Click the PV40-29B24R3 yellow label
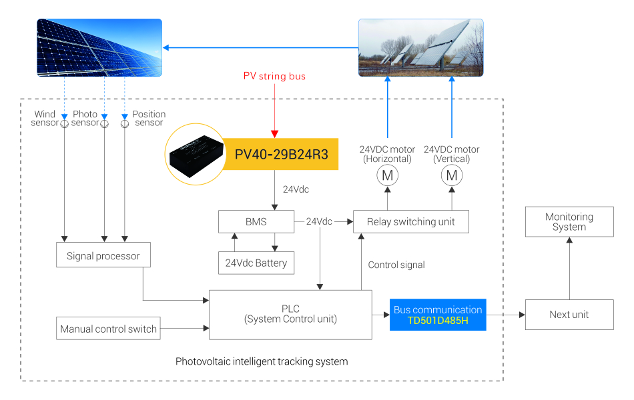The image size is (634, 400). tap(281, 154)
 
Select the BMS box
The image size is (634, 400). tap(256, 221)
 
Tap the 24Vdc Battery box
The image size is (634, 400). tap(256, 263)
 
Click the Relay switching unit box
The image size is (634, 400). tap(410, 221)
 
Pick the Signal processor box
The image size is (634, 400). tap(103, 255)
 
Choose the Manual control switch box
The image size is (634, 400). tap(108, 328)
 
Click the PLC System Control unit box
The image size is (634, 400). tap(290, 314)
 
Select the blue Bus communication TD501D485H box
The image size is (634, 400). tap(438, 315)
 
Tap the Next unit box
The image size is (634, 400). tap(569, 315)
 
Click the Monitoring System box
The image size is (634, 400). tap(569, 222)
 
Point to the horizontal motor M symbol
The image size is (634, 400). tap(387, 175)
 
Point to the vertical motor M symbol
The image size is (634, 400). tap(452, 175)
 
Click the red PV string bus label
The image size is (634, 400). tap(274, 76)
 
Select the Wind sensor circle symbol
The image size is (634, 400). tap(65, 123)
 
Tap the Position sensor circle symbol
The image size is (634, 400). tap(125, 123)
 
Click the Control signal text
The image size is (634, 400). tap(396, 265)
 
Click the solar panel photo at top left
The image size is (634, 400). tap(99, 47)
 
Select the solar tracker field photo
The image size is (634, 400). tap(420, 47)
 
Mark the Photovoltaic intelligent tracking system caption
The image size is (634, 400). tap(262, 361)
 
